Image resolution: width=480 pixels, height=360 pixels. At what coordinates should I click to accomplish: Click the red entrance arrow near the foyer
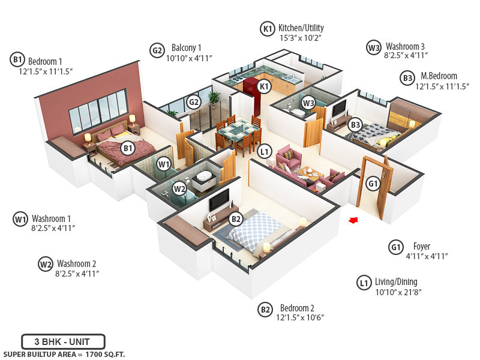pyautogui.click(x=353, y=220)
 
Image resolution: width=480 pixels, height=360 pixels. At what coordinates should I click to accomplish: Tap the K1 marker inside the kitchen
pyautogui.click(x=264, y=86)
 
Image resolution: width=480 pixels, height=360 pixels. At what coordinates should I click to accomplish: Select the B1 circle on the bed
pyautogui.click(x=127, y=148)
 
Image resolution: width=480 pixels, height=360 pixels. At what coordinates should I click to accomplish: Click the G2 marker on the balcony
pyautogui.click(x=193, y=102)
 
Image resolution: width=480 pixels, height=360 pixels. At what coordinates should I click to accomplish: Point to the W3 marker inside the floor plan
pyautogui.click(x=308, y=103)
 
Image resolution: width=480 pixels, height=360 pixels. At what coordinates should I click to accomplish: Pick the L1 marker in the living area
pyautogui.click(x=264, y=152)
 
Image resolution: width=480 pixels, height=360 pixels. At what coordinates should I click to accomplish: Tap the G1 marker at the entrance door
pyautogui.click(x=373, y=183)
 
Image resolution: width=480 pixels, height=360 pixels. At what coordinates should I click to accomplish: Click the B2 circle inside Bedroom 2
pyautogui.click(x=236, y=219)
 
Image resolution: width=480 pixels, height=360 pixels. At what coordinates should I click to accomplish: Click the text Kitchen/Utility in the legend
pyautogui.click(x=301, y=28)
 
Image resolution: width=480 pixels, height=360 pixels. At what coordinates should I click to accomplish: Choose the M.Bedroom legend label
pyautogui.click(x=439, y=76)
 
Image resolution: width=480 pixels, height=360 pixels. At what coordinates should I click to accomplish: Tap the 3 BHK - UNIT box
pyautogui.click(x=63, y=341)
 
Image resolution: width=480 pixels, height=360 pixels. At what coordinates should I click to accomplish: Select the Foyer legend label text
pyautogui.click(x=421, y=246)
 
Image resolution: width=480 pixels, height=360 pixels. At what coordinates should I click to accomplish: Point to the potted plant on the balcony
pyautogui.click(x=213, y=99)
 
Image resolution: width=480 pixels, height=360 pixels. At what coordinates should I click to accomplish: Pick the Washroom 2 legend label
pyautogui.click(x=76, y=263)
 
